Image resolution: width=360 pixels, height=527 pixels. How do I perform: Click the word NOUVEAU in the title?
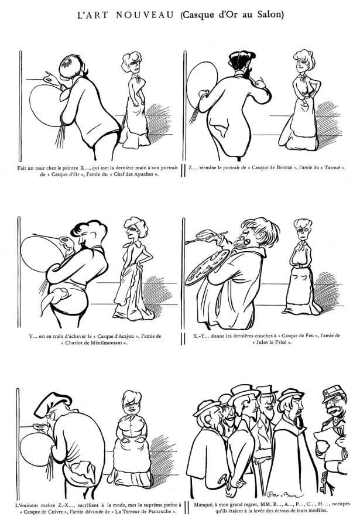[x=145, y=15]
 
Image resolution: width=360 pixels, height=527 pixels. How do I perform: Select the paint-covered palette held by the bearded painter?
[x=208, y=266]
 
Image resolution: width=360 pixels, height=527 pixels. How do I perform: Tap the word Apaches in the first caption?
[x=144, y=174]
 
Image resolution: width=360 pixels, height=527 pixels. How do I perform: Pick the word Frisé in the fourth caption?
[x=279, y=342]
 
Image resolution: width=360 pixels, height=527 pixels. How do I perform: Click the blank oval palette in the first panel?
[x=45, y=105]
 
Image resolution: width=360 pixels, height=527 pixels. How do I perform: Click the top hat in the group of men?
[x=267, y=389]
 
